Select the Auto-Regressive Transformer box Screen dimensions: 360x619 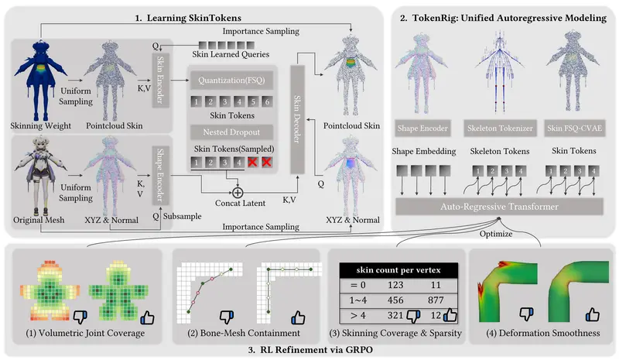pos(499,207)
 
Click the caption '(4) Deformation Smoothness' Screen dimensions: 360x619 pos(542,334)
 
